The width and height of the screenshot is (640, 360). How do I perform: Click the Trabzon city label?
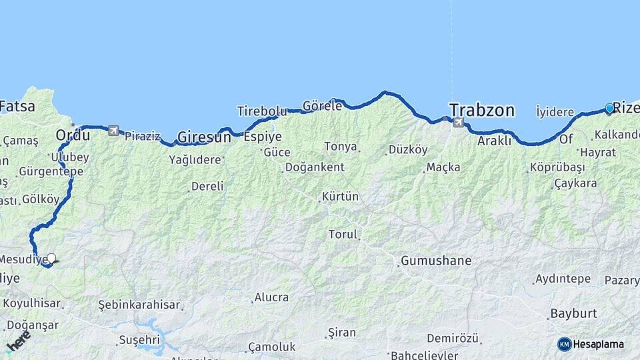(x=481, y=110)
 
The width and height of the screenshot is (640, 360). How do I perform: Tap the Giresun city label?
(x=204, y=137)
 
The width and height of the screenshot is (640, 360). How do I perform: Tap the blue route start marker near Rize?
(x=609, y=108)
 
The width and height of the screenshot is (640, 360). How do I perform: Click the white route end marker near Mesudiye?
(x=51, y=259)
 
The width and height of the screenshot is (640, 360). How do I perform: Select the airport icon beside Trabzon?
(x=458, y=122)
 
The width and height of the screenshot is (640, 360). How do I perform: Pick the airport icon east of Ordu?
(x=113, y=131)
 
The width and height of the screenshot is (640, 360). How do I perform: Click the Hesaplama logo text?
(x=598, y=344)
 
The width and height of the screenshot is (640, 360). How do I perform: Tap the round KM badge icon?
(x=564, y=344)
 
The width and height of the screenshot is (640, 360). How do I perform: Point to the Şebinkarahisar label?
(x=139, y=305)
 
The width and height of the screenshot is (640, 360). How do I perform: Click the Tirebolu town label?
(x=262, y=111)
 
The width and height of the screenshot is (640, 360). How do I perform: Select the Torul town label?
(x=343, y=235)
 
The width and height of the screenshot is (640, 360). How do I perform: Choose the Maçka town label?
(x=443, y=167)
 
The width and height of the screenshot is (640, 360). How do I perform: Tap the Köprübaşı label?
(x=557, y=167)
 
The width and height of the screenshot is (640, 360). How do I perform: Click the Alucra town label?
(x=271, y=297)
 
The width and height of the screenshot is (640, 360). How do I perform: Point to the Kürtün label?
(x=340, y=197)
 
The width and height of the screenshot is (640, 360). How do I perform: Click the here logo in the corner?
(x=18, y=340)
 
